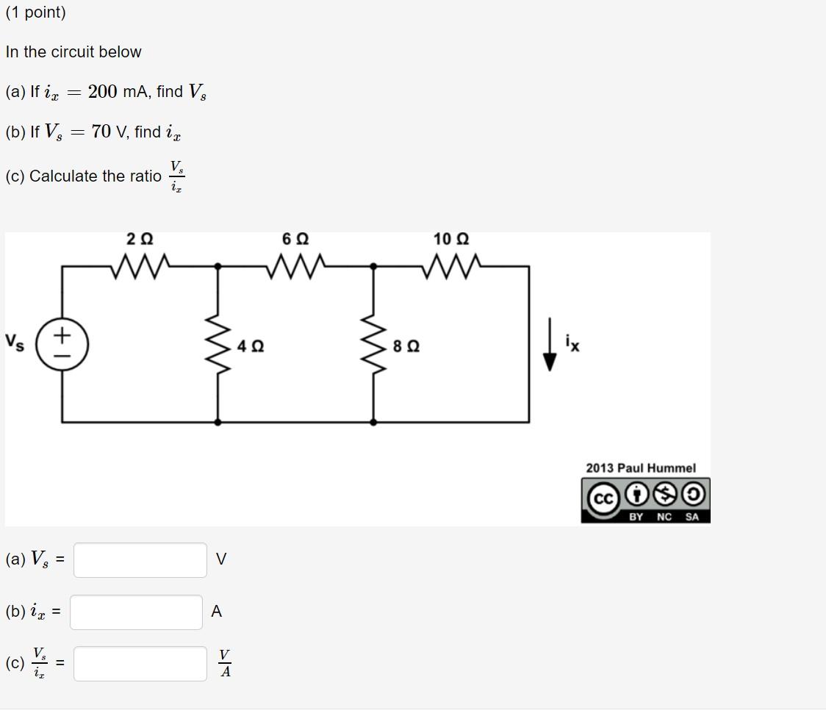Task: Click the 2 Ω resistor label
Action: (x=140, y=240)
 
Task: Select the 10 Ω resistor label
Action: (x=451, y=240)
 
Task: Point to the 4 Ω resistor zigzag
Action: (x=218, y=345)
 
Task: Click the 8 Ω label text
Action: (x=406, y=346)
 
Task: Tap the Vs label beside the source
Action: (x=15, y=342)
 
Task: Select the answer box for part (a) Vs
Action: (x=140, y=560)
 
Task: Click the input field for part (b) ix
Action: (x=136, y=612)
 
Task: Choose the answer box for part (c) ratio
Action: (x=140, y=664)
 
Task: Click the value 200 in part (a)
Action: (x=102, y=92)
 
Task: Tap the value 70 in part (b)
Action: (x=101, y=132)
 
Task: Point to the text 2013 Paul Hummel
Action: (x=640, y=468)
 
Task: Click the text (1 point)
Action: (x=35, y=12)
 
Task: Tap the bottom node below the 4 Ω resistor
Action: (x=218, y=422)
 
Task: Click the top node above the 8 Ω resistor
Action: (x=373, y=266)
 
